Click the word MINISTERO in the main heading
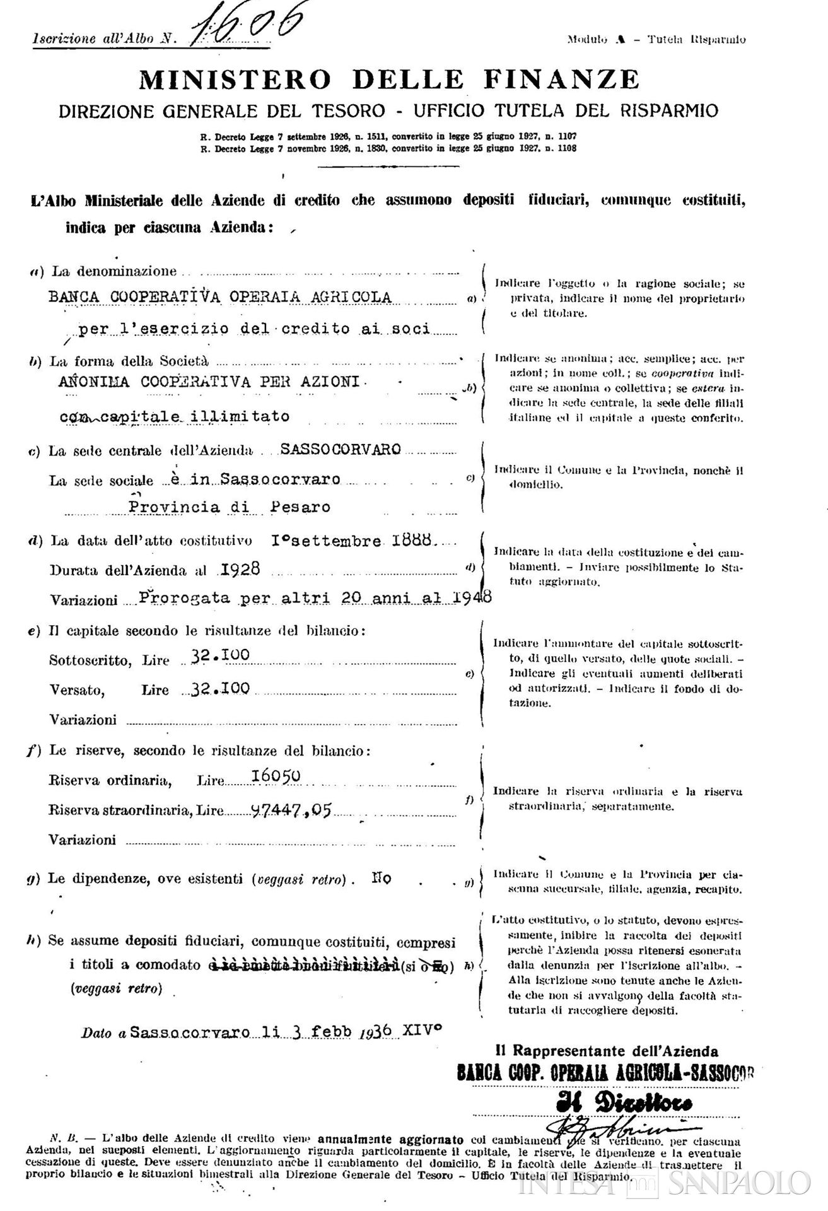[x=235, y=79]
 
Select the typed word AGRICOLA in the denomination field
[x=354, y=296]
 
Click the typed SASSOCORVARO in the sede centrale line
[x=341, y=449]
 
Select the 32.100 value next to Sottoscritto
[x=221, y=656]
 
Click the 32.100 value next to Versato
[x=221, y=688]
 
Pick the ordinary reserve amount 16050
[x=276, y=776]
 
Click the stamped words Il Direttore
[x=624, y=1103]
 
